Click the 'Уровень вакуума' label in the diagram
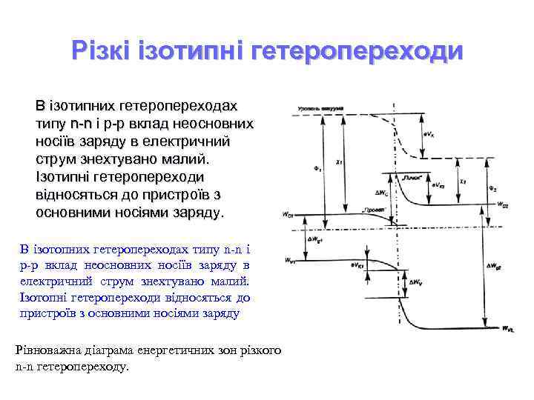[x=320, y=109]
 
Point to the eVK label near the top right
[x=429, y=133]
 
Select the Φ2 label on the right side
[x=492, y=187]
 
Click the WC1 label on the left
[x=287, y=215]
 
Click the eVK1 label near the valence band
[x=357, y=264]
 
